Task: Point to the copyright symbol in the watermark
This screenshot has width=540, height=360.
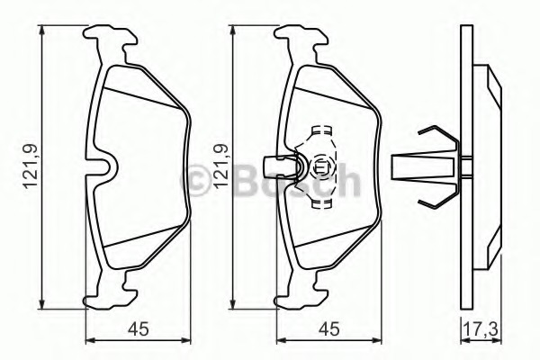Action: [198, 179]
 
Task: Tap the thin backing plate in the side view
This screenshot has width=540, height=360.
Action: [465, 167]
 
